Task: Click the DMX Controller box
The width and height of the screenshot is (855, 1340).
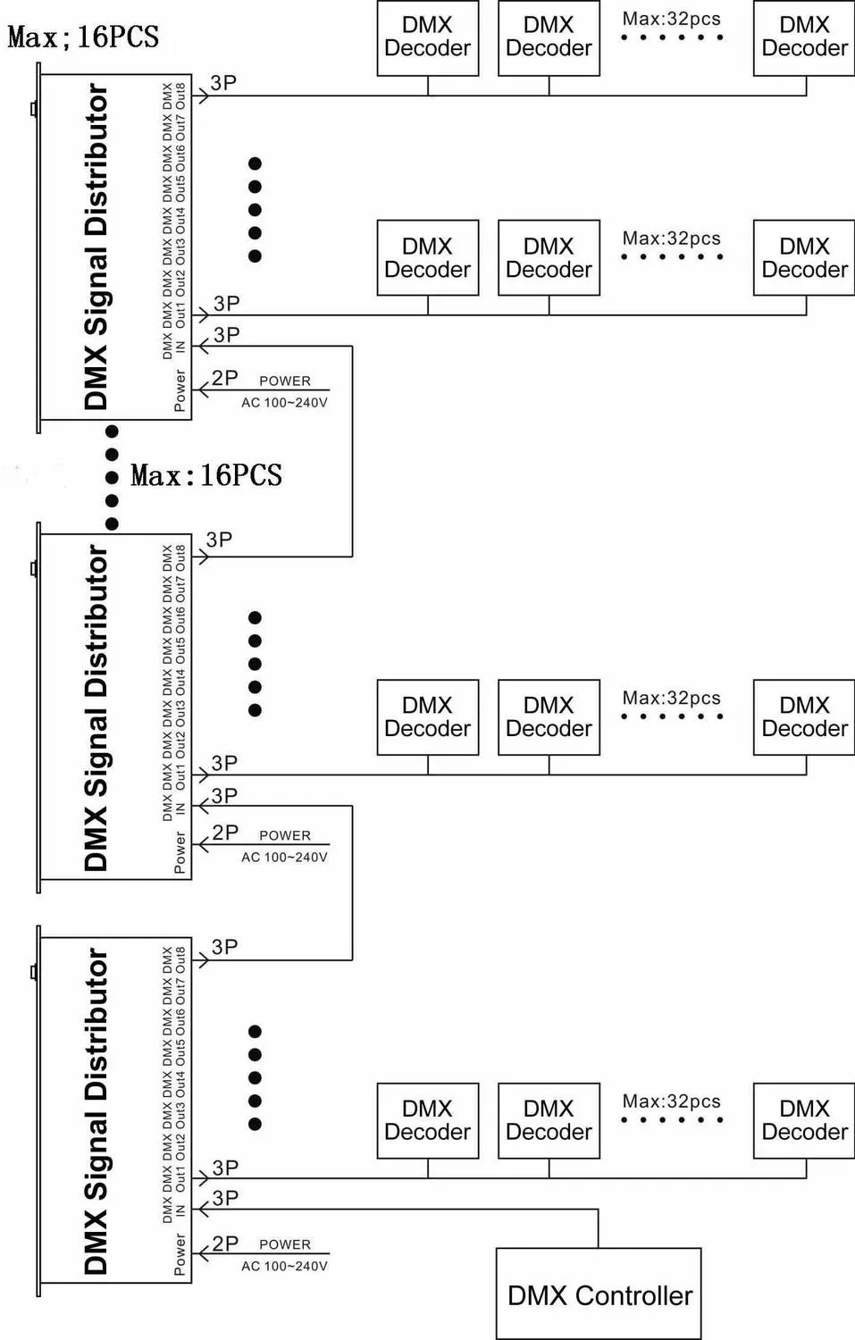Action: tap(599, 1294)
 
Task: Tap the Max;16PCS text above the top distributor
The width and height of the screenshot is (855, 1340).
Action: tap(83, 37)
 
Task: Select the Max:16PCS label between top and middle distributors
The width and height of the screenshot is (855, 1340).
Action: tap(206, 475)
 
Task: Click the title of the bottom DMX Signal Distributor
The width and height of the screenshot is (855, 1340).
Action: tap(96, 1110)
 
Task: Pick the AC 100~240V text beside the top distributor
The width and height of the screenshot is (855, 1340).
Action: tap(284, 403)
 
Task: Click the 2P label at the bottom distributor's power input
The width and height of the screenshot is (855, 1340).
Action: tap(225, 1244)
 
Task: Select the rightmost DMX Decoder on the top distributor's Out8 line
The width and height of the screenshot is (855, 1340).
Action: tap(804, 38)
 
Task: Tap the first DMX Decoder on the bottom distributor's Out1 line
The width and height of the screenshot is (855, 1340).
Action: tap(428, 1120)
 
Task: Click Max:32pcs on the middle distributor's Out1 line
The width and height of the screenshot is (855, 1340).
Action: tap(671, 698)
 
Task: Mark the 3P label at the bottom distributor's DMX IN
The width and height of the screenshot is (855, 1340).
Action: tap(225, 1198)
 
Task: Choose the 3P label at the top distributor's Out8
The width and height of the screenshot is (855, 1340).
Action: tap(223, 82)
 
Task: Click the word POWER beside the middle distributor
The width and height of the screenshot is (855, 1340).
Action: tap(285, 835)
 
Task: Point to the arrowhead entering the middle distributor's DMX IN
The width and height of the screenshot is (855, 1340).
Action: tap(204, 807)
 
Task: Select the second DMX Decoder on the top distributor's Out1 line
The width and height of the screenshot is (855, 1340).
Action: tap(549, 258)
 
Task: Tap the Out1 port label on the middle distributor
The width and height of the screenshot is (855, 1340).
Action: tap(180, 776)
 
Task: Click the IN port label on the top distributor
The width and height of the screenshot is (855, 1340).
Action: tap(180, 347)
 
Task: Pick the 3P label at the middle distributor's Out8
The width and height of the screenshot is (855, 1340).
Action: tap(219, 539)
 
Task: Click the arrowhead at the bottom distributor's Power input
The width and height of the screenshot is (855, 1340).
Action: tap(204, 1253)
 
